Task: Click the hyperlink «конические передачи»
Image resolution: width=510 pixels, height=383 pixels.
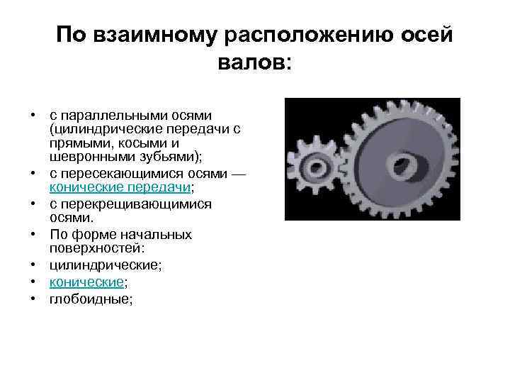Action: tap(120, 187)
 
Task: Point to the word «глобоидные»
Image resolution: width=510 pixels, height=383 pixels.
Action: tap(89, 299)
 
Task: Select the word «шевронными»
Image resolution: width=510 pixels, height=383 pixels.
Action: tap(84, 156)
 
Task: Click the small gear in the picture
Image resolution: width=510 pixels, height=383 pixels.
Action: tap(314, 169)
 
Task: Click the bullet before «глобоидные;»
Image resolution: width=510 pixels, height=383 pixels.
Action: tap(33, 299)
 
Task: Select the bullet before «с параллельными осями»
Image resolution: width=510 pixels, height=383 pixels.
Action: tap(33, 114)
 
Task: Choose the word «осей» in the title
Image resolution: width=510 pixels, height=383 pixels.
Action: tap(427, 35)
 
